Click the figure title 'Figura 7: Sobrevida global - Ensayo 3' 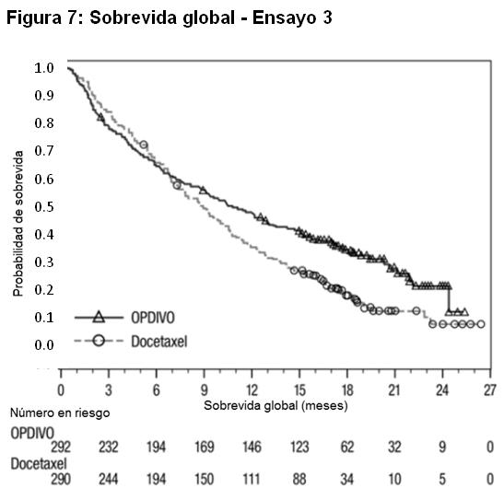pyautogui.click(x=169, y=17)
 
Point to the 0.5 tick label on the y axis pyautogui.click(x=44, y=206)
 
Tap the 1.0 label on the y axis pyautogui.click(x=44, y=68)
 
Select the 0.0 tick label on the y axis pyautogui.click(x=44, y=345)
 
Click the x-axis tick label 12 pyautogui.click(x=252, y=390)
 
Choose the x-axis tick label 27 pyautogui.click(x=490, y=390)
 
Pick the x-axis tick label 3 pyautogui.click(x=109, y=390)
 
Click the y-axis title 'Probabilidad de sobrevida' pyautogui.click(x=18, y=224)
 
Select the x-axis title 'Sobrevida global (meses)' pyautogui.click(x=275, y=405)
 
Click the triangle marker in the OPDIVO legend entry pyautogui.click(x=99, y=318)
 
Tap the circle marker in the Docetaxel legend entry pyautogui.click(x=99, y=341)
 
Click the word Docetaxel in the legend pyautogui.click(x=159, y=342)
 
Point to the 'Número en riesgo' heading pyautogui.click(x=60, y=413)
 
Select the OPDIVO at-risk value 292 pyautogui.click(x=61, y=447)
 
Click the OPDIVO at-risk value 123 pyautogui.click(x=299, y=447)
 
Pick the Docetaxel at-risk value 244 pyautogui.click(x=109, y=480)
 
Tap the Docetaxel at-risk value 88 pyautogui.click(x=299, y=480)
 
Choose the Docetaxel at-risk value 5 pyautogui.click(x=442, y=480)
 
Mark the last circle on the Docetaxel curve pyautogui.click(x=481, y=324)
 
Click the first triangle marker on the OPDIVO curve pyautogui.click(x=101, y=118)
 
